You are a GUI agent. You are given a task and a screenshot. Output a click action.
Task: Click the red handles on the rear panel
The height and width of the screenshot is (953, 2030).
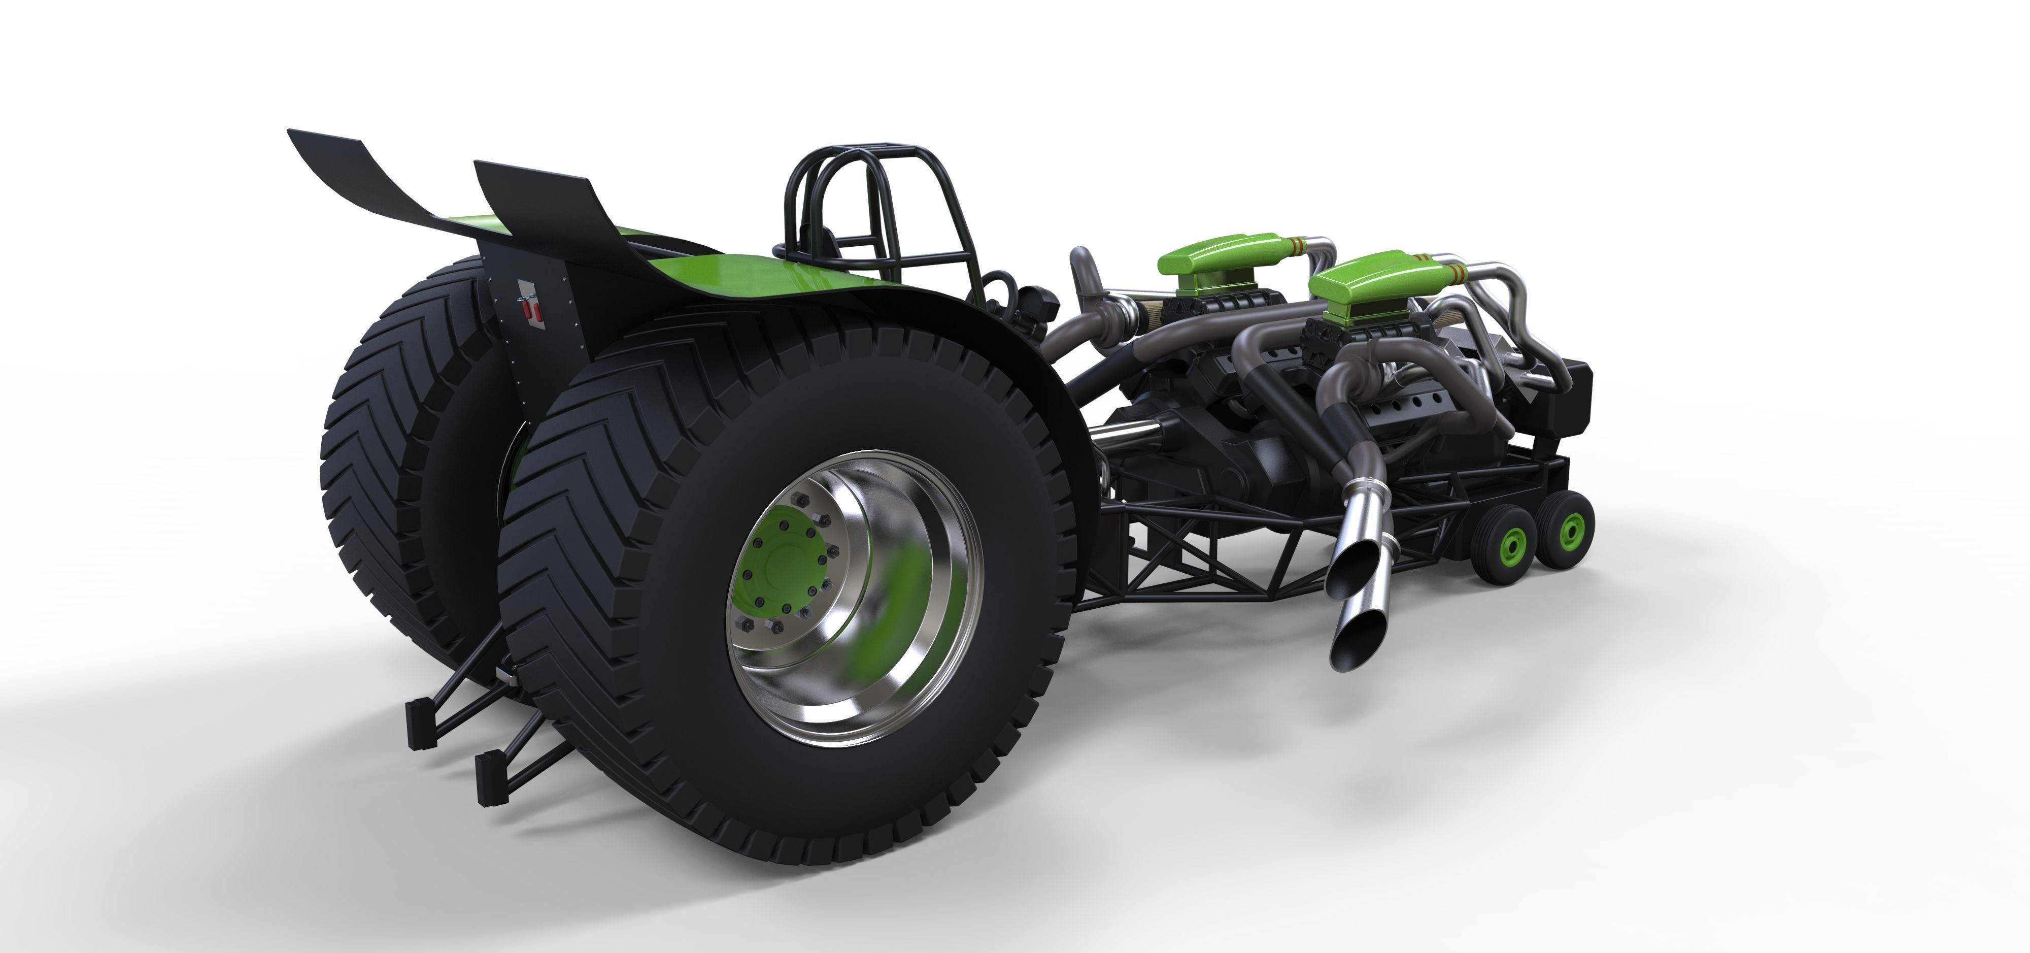tap(533, 311)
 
